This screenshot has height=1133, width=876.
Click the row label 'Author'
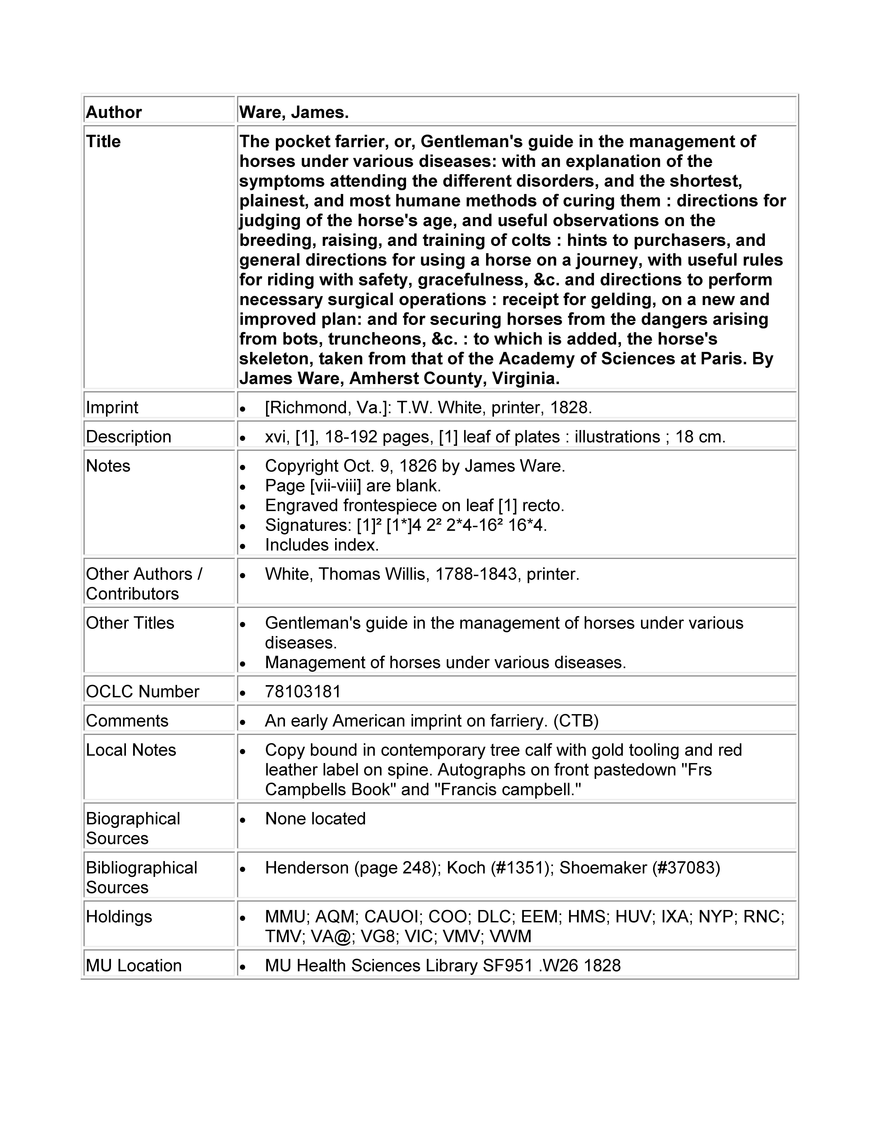[x=114, y=112]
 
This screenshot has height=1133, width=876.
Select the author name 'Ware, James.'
[x=294, y=112]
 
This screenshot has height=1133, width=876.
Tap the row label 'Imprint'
[x=112, y=407]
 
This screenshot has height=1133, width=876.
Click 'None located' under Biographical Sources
[x=315, y=818]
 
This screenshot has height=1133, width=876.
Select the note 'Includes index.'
[x=322, y=545]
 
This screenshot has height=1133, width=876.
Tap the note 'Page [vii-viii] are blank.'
[x=353, y=486]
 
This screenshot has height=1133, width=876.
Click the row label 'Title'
[x=103, y=141]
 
